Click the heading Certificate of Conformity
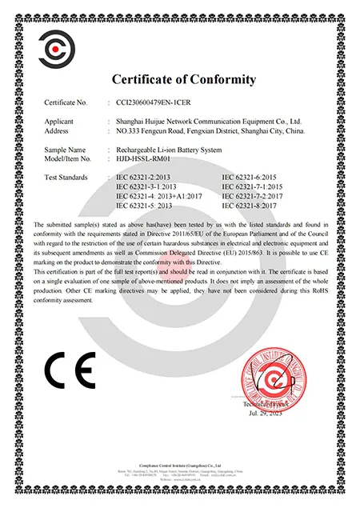[183, 79]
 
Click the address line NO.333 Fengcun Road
[210, 130]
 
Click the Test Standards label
[67, 177]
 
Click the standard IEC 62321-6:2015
[254, 177]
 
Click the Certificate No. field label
[66, 103]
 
